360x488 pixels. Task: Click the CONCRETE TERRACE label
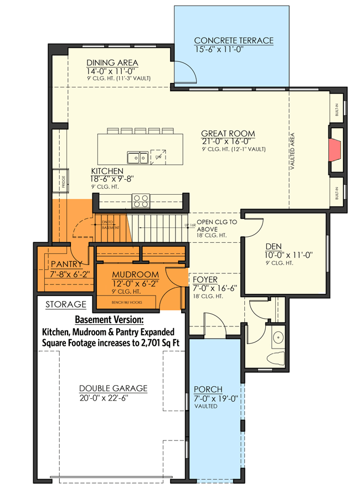(233, 41)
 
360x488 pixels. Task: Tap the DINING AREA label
(112, 63)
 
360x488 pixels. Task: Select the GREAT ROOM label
(228, 133)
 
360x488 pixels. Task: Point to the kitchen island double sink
(136, 158)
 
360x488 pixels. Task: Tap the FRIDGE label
(64, 183)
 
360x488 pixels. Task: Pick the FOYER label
(206, 279)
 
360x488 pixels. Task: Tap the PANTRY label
(66, 264)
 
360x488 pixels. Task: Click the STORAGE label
(65, 304)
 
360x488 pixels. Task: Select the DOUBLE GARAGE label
(113, 388)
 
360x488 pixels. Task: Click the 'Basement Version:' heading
(109, 320)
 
